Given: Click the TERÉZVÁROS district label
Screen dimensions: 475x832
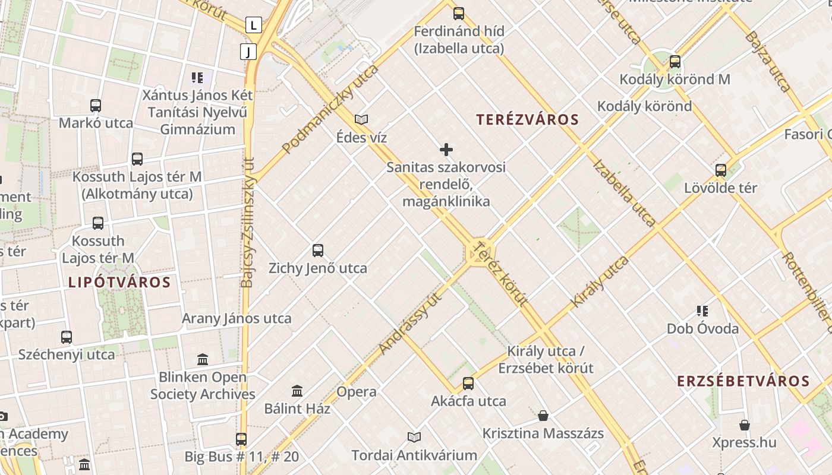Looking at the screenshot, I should click(x=527, y=119).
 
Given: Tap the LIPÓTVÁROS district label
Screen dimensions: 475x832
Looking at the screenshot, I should click(x=119, y=282).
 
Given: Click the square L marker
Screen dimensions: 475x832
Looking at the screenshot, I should click(x=254, y=25).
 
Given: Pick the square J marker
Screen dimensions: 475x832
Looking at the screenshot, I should click(x=248, y=52).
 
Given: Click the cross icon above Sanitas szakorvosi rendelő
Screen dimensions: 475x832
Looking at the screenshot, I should click(x=446, y=150).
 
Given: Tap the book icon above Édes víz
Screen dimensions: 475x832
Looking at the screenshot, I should click(x=361, y=120).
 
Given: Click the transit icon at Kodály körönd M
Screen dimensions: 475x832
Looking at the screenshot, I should click(x=675, y=61).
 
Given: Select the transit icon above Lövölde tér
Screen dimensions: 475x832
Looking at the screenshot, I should click(x=721, y=170).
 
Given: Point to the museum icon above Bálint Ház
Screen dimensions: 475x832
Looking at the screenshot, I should click(x=297, y=391).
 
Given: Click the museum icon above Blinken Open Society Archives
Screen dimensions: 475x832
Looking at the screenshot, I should click(x=203, y=359).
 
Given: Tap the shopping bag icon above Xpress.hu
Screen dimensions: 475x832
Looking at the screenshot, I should click(x=745, y=425).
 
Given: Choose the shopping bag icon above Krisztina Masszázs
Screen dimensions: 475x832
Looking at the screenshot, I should click(x=543, y=415).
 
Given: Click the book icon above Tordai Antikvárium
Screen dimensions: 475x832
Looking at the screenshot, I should click(x=414, y=438).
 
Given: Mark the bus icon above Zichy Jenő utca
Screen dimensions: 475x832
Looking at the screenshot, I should click(x=318, y=251).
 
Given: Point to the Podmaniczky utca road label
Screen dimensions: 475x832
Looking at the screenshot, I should click(x=330, y=109).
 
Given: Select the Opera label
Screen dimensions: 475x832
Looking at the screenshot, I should click(x=357, y=392).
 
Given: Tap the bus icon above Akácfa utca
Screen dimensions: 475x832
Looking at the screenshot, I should click(x=468, y=384).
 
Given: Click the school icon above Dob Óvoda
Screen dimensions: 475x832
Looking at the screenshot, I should click(x=702, y=311).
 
